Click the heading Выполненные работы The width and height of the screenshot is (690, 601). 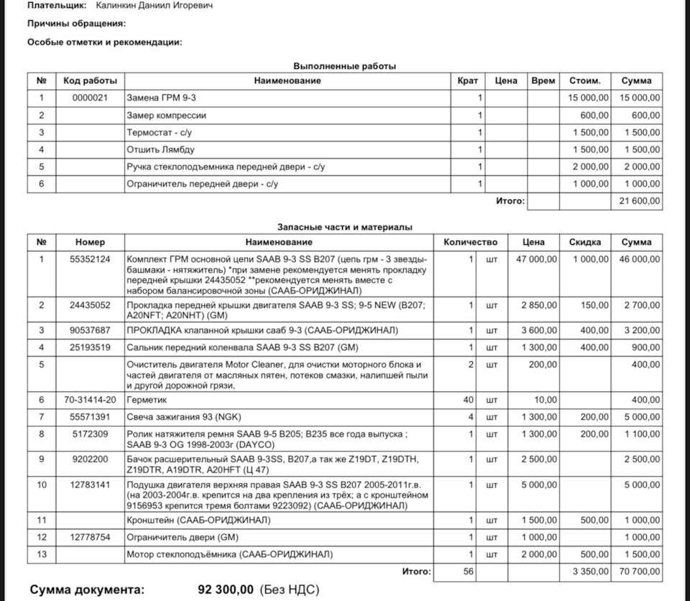(345, 66)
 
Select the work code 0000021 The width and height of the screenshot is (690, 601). (90, 98)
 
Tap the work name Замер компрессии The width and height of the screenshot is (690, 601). (166, 115)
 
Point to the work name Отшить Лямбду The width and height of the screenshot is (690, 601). (160, 149)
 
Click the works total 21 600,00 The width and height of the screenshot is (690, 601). (640, 202)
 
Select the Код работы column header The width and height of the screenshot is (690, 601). (90, 80)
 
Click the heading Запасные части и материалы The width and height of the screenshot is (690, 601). (345, 227)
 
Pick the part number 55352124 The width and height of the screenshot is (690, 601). (90, 259)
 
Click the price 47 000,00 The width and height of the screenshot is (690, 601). (536, 259)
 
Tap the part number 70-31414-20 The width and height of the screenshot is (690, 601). (90, 399)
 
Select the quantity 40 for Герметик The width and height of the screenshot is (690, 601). (468, 399)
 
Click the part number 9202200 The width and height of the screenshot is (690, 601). (90, 458)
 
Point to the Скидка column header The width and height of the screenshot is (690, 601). (584, 242)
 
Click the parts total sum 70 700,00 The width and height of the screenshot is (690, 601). (640, 572)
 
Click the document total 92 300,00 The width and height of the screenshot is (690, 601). (225, 590)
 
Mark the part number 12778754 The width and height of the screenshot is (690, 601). (90, 537)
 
